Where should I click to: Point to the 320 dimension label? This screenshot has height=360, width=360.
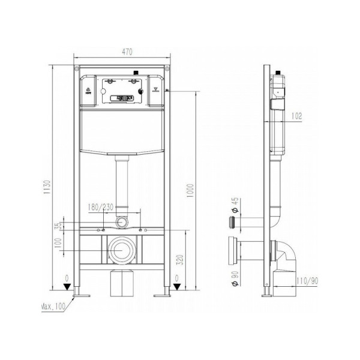click(x=189, y=260)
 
